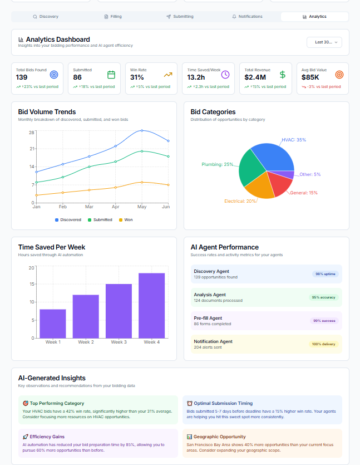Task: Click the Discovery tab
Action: click(x=46, y=17)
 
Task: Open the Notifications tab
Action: click(x=247, y=17)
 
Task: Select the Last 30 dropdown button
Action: click(x=324, y=42)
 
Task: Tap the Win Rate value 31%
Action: click(x=137, y=77)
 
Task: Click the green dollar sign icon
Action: click(x=283, y=74)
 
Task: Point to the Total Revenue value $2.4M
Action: click(x=255, y=77)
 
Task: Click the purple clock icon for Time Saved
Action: click(x=225, y=74)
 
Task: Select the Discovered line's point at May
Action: click(x=142, y=130)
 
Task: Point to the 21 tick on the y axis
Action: click(x=32, y=149)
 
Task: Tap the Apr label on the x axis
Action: click(x=116, y=207)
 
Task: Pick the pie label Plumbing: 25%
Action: click(x=217, y=164)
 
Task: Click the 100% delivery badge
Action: click(x=323, y=344)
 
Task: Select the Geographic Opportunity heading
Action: click(x=219, y=437)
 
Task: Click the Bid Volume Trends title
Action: click(x=47, y=112)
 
